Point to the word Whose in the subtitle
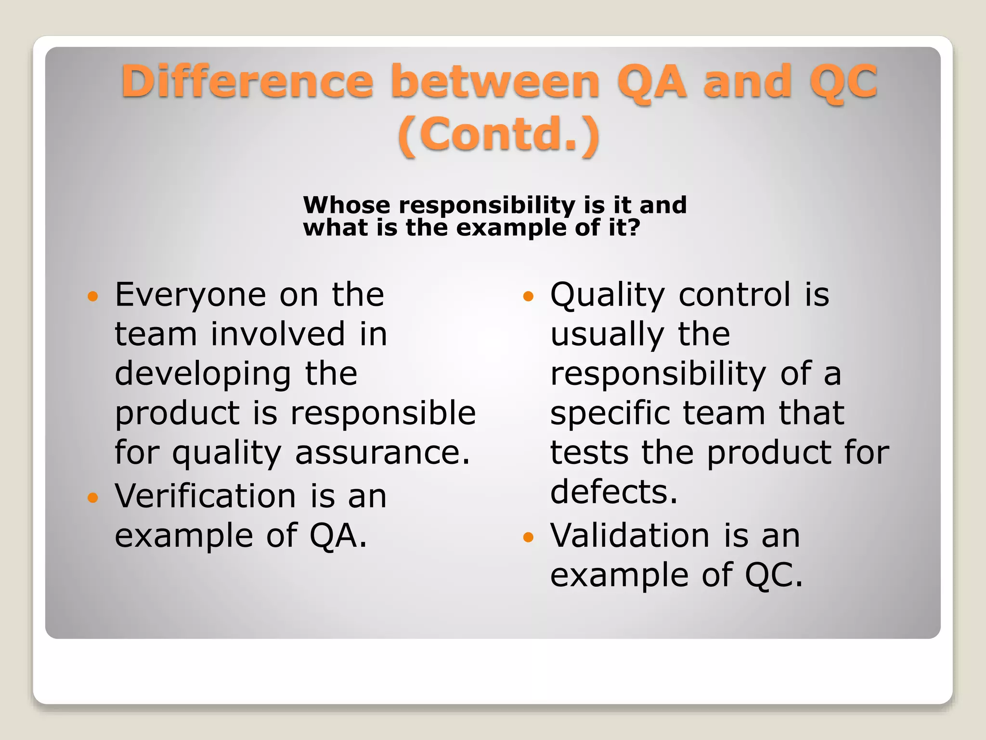346,205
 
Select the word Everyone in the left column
191,295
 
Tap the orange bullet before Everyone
92,296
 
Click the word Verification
206,496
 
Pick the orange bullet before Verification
92,497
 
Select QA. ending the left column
338,536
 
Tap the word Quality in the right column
608,295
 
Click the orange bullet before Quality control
528,296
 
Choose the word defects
614,492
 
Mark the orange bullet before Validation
528,537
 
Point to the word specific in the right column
610,413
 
